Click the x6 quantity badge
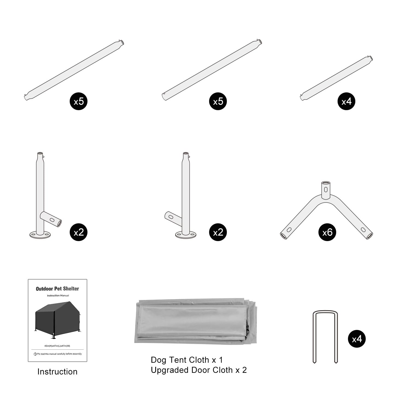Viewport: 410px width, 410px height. (x=327, y=232)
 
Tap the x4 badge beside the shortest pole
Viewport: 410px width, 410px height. (x=346, y=101)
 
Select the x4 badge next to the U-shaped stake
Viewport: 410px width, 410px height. (x=357, y=339)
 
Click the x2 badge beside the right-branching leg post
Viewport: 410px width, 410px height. (x=78, y=232)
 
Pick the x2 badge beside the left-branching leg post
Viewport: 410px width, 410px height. (x=218, y=232)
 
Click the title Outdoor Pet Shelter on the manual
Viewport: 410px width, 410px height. (x=57, y=289)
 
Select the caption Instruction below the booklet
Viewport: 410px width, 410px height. (x=57, y=372)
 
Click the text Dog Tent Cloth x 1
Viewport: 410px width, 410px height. (x=187, y=360)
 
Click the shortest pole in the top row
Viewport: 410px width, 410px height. (x=337, y=78)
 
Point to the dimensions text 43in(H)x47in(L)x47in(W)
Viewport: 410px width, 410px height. (x=57, y=346)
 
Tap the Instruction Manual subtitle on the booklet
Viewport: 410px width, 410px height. (x=58, y=295)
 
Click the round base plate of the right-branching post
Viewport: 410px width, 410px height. (x=40, y=234)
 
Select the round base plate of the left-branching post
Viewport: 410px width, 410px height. (x=186, y=234)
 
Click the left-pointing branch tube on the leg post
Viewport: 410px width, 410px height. (x=173, y=218)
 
